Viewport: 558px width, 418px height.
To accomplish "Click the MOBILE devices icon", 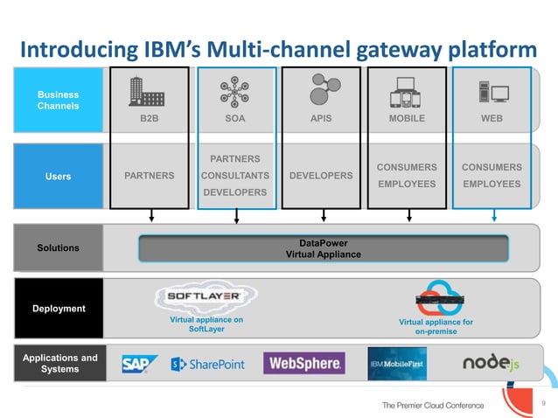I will pos(407,91).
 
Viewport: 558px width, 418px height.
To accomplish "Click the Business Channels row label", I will pos(58,101).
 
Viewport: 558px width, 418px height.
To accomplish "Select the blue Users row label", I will pos(58,177).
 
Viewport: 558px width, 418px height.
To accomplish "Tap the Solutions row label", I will pos(58,248).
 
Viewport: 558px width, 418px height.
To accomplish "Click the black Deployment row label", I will pos(58,309).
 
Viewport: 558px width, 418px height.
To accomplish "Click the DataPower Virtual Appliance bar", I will pos(323,248).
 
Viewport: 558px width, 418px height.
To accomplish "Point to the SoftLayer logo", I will pos(211,296).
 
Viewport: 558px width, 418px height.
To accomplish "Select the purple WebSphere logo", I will pos(300,364).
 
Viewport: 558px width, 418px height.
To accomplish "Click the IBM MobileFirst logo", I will pos(396,364).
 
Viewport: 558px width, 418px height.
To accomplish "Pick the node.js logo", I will pos(491,363).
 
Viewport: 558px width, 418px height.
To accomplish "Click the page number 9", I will pos(543,403).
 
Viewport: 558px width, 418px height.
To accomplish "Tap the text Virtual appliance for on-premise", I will pos(436,327).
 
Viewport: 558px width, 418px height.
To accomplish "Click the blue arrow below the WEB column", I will pos(495,215).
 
